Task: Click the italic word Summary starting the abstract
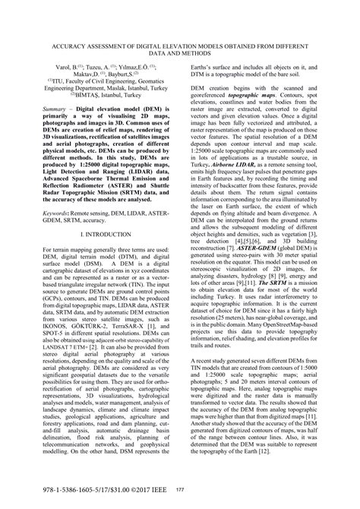pos(47,131)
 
